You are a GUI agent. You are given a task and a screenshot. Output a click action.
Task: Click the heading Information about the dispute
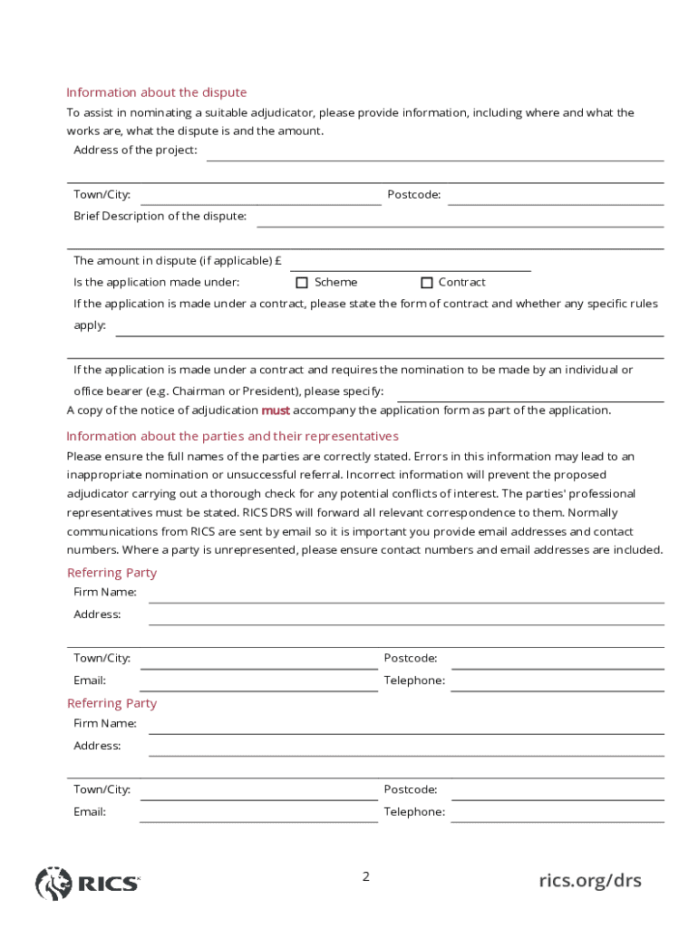156,92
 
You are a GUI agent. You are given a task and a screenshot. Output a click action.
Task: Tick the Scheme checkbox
303,283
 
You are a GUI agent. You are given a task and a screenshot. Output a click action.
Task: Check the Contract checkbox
427,283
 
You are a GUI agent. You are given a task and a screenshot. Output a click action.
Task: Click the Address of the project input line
435,154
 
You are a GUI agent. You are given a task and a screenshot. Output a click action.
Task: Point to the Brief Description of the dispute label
160,217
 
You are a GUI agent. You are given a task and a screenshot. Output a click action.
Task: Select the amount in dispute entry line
410,264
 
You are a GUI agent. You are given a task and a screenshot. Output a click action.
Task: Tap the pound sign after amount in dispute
277,261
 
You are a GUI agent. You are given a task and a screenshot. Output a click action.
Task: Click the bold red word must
276,411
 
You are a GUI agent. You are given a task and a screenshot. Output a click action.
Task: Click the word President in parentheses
275,391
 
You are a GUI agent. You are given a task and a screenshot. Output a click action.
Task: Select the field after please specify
530,394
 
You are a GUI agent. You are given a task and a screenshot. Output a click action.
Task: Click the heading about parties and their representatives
232,436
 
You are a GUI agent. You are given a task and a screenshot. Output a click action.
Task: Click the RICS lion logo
53,883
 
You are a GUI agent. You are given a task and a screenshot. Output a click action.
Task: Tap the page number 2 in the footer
366,876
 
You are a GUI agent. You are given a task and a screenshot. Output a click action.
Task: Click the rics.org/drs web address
589,880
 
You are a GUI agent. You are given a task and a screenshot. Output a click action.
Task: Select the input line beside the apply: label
390,329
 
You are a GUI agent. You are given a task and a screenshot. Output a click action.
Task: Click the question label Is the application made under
156,283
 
